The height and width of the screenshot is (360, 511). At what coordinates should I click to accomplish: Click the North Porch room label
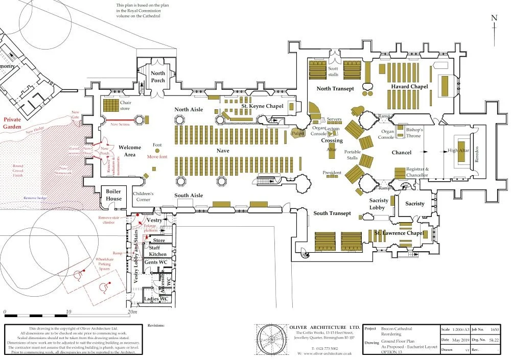pos(158,77)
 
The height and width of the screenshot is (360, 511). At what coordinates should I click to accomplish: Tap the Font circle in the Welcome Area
pos(157,151)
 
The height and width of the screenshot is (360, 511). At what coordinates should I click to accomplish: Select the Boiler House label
pos(113,195)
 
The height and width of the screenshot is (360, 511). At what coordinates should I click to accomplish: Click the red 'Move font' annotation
pos(157,157)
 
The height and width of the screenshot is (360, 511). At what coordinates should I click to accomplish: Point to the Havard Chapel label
pos(409,87)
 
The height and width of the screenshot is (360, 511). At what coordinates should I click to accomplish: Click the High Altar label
pos(458,151)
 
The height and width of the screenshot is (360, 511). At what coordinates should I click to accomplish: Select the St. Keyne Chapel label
pos(262,106)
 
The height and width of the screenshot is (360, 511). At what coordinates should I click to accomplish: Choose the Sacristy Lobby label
pos(379,204)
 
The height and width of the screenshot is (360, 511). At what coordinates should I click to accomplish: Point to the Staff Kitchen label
pos(158,251)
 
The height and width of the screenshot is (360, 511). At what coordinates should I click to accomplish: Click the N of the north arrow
pos(494,18)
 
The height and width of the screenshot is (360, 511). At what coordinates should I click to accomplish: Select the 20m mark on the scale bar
pos(132,312)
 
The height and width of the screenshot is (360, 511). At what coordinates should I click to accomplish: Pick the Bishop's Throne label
pos(414,133)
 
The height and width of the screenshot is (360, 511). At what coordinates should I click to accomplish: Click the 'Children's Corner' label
pos(143,197)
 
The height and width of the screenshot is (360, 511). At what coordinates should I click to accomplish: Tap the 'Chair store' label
pos(126,106)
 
